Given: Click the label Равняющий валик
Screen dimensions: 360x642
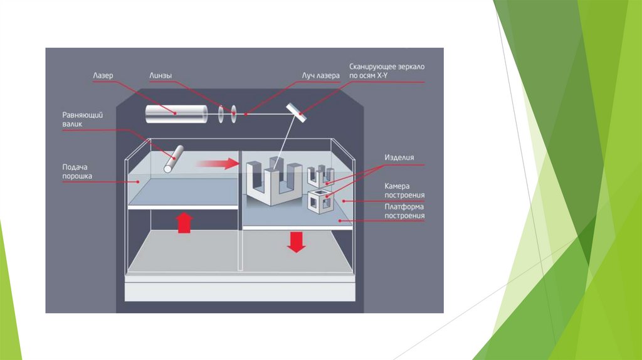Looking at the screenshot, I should tap(82, 119).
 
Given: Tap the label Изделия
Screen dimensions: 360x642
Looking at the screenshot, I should tap(399, 157).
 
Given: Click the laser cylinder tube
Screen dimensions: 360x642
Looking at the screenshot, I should tap(177, 114).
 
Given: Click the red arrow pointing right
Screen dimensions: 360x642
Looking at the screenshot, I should tap(217, 164).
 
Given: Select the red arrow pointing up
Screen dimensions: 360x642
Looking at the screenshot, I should tap(184, 223).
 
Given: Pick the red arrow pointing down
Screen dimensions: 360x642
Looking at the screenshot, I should tap(296, 241).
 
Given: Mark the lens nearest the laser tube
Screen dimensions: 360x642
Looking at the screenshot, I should tap(221, 114).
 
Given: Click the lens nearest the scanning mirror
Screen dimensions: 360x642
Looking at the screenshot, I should tap(233, 114).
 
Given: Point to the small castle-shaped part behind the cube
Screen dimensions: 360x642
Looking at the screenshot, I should tap(319, 176).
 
